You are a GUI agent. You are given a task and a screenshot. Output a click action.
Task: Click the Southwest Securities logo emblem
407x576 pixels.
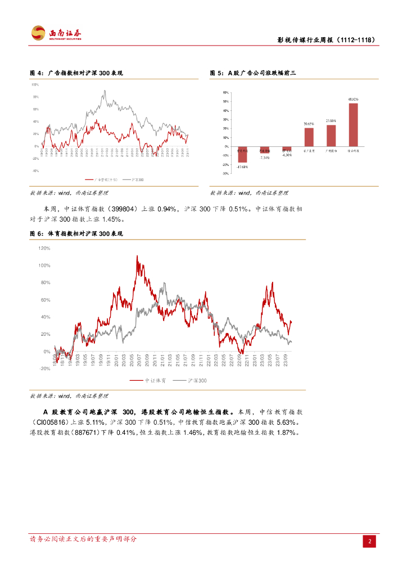[x=38, y=33]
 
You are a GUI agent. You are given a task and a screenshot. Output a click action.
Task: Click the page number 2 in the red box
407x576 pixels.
[x=370, y=541]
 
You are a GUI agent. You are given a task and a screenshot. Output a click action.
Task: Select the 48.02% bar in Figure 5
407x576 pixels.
[x=353, y=124]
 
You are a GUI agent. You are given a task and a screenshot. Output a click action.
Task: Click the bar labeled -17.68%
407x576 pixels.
[x=242, y=154]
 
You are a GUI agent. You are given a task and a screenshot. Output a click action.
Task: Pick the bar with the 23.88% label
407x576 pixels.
[x=331, y=136]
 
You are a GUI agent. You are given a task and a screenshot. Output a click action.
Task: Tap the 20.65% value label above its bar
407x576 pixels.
[x=309, y=123]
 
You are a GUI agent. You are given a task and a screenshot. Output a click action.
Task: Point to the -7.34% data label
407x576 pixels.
[x=265, y=158]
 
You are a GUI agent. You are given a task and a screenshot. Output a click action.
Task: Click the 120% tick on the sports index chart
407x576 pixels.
[x=44, y=248]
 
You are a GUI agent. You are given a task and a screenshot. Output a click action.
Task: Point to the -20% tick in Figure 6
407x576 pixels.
[x=44, y=369]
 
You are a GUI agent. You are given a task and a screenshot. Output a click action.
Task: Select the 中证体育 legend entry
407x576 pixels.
[x=143, y=381]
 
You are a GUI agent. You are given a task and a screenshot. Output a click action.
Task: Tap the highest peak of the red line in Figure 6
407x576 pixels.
[x=138, y=256]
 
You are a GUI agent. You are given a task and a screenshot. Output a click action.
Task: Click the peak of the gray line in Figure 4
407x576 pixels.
[x=105, y=91]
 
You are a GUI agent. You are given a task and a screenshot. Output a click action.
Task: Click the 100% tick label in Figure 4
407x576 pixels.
[x=34, y=84]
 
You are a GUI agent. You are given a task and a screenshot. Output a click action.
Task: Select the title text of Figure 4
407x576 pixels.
[x=76, y=73]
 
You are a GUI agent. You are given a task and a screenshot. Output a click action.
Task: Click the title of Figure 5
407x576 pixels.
[x=253, y=73]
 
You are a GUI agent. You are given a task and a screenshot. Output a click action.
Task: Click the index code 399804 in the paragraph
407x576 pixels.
[x=119, y=209]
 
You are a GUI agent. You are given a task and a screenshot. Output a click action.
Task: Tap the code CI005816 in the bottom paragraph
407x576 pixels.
[x=51, y=422]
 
